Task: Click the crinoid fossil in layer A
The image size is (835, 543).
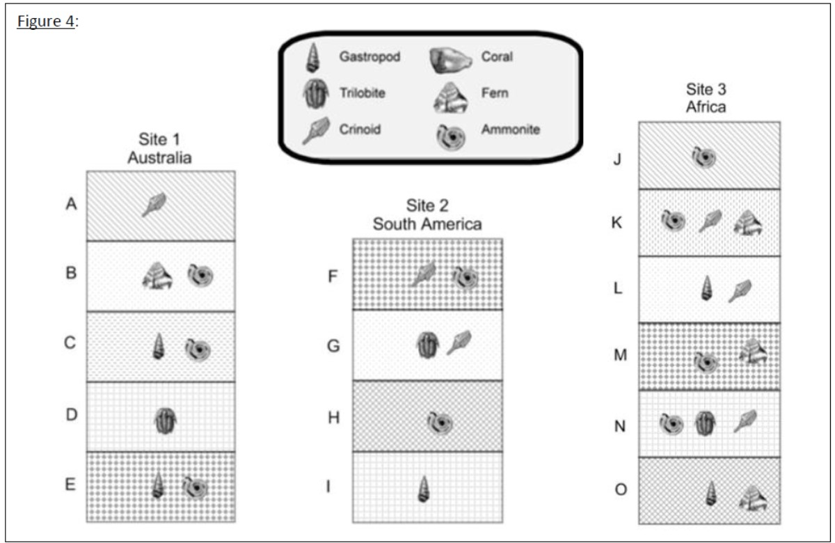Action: coord(154,205)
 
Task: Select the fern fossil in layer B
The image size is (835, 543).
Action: coord(157,276)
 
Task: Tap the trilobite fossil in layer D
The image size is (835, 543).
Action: coord(165,420)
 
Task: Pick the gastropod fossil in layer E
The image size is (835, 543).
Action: coord(158,485)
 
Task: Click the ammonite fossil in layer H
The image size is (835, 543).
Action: coord(440,423)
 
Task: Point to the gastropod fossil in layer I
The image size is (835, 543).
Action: coord(424,489)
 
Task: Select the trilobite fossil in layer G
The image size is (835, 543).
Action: coord(427,345)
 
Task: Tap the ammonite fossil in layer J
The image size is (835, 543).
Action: coord(703,157)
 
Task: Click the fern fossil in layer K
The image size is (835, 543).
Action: coord(747,223)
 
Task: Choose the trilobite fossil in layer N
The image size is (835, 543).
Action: coord(706,423)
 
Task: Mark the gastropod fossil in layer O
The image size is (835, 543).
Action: coord(711,493)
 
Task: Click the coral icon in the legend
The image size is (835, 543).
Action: coord(450,60)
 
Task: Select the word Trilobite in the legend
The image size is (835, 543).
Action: coord(362,93)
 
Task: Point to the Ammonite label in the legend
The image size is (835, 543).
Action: coord(510,129)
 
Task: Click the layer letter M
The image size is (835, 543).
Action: coord(620,354)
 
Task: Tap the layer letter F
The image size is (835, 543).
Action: coord(333,276)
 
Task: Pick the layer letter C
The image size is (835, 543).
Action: coord(70,343)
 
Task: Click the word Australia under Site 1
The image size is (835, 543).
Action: coord(159,157)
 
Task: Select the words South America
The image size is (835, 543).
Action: coord(427,224)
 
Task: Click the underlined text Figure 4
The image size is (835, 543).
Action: coord(46,22)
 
